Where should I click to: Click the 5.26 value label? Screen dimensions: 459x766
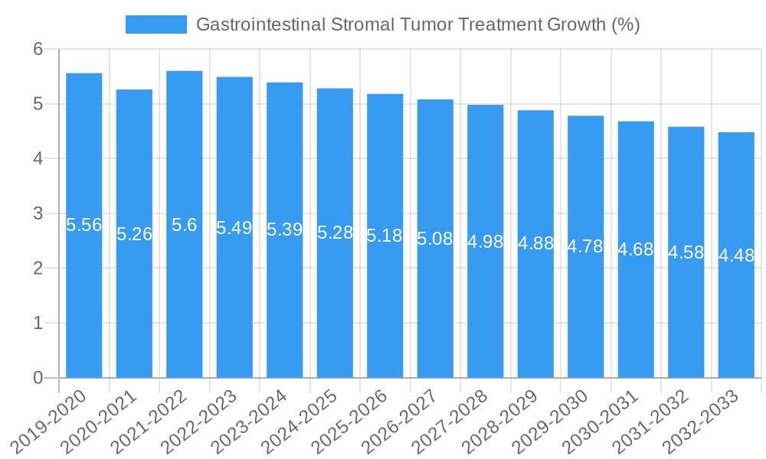point(134,234)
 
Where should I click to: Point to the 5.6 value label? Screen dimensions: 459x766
point(184,225)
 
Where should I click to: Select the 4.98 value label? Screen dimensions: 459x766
point(485,242)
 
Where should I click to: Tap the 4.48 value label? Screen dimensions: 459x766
point(736,256)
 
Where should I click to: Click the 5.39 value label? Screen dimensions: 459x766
point(284,229)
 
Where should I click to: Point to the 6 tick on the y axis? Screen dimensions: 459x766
point(38,49)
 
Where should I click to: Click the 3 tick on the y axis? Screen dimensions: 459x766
point(38,213)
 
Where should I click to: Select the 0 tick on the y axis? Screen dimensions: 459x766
point(38,378)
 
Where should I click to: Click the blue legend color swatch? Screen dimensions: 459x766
point(155,24)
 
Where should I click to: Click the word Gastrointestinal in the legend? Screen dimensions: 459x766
point(260,24)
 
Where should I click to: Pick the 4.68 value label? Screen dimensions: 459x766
point(636,249)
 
